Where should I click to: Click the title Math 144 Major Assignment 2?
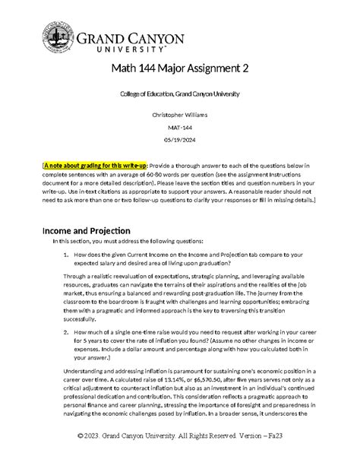coord(180,69)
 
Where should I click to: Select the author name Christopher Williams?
coord(180,115)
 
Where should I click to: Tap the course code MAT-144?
coord(180,128)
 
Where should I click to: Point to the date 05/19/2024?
coord(180,142)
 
